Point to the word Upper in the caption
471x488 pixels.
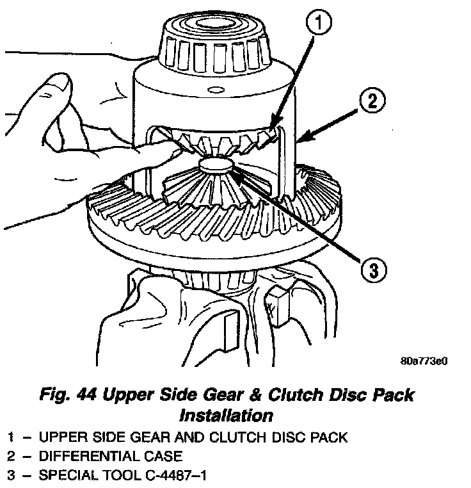coord(147,394)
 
